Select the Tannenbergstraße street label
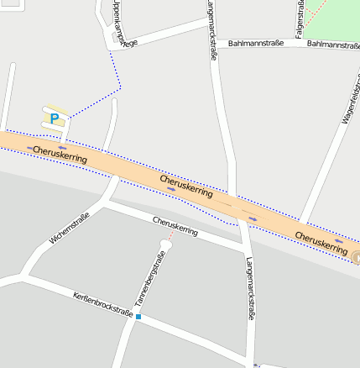[x=150, y=279]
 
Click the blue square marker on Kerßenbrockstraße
[x=138, y=317]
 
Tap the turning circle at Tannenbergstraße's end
[x=165, y=245]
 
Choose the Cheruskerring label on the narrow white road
[x=175, y=225]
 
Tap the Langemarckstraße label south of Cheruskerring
[x=249, y=289]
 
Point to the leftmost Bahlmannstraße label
[x=255, y=42]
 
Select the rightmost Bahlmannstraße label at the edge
[x=333, y=44]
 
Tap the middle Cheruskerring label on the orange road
[x=185, y=187]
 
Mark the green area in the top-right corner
[x=336, y=13]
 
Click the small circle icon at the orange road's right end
[x=356, y=258]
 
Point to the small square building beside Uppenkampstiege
[x=116, y=37]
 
